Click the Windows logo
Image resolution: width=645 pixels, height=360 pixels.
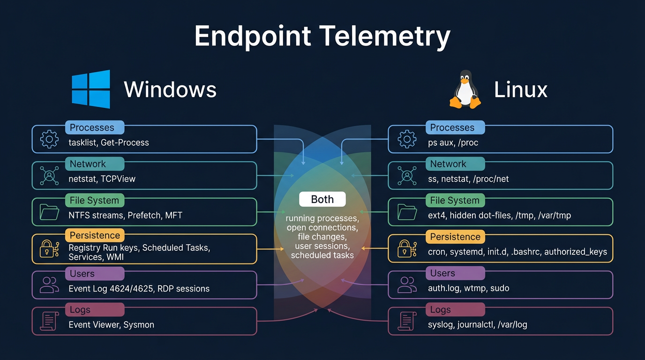point(91,89)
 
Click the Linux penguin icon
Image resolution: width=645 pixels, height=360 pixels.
point(465,90)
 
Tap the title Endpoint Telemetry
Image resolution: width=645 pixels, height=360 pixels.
point(322,37)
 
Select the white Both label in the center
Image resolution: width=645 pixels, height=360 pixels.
point(322,199)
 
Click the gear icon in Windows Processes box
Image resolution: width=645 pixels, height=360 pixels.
point(49,139)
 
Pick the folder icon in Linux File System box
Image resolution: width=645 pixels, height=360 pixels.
point(407,212)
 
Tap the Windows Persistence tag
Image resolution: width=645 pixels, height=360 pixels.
point(95,235)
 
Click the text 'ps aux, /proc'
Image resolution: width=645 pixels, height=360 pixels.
point(453,142)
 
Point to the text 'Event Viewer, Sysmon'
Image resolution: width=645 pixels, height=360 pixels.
point(111,325)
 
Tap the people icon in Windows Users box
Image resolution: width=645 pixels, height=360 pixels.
point(49,285)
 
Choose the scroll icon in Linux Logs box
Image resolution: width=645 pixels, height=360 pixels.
point(407,321)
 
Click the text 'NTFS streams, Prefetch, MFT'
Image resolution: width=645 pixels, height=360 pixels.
point(125,216)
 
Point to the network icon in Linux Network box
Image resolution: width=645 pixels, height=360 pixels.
point(407,175)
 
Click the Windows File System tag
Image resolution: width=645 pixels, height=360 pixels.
point(94,201)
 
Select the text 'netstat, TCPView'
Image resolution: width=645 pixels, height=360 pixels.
point(102,179)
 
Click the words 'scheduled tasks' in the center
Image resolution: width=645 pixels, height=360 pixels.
point(322,255)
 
